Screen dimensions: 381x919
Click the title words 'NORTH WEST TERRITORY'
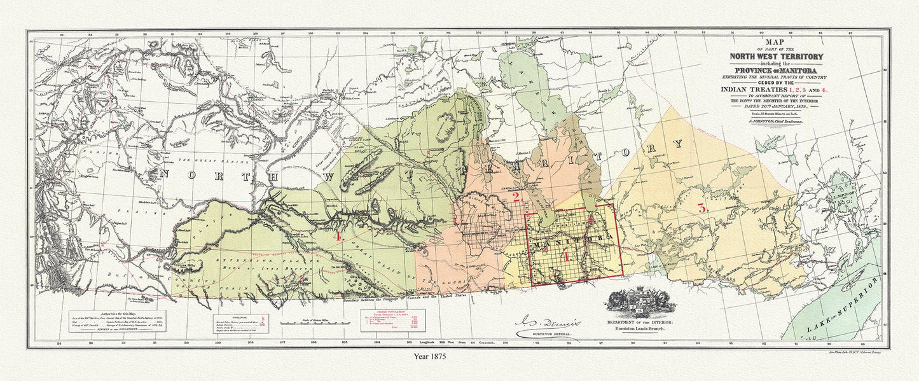tap(766, 57)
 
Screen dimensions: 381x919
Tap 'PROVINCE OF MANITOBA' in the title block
tap(766, 70)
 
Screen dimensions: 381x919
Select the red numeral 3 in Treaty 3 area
tap(702, 208)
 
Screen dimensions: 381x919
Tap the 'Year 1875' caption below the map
tap(429, 357)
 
